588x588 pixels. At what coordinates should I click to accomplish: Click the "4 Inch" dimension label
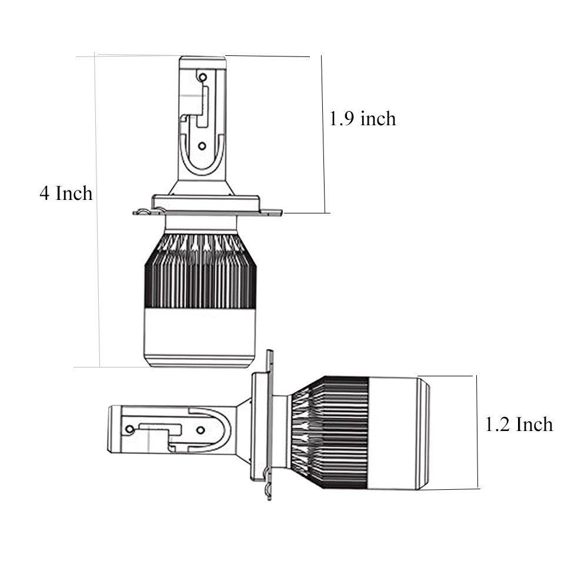click(x=66, y=193)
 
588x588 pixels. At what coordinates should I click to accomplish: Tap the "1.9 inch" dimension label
click(x=362, y=119)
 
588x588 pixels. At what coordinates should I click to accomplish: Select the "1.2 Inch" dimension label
click(x=519, y=425)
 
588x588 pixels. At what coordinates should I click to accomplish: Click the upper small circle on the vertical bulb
click(x=202, y=78)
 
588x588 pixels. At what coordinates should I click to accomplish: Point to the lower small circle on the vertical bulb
click(x=202, y=146)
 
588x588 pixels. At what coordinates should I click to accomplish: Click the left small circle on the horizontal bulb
click(x=130, y=429)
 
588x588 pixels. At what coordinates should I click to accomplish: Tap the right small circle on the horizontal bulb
click(x=201, y=430)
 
